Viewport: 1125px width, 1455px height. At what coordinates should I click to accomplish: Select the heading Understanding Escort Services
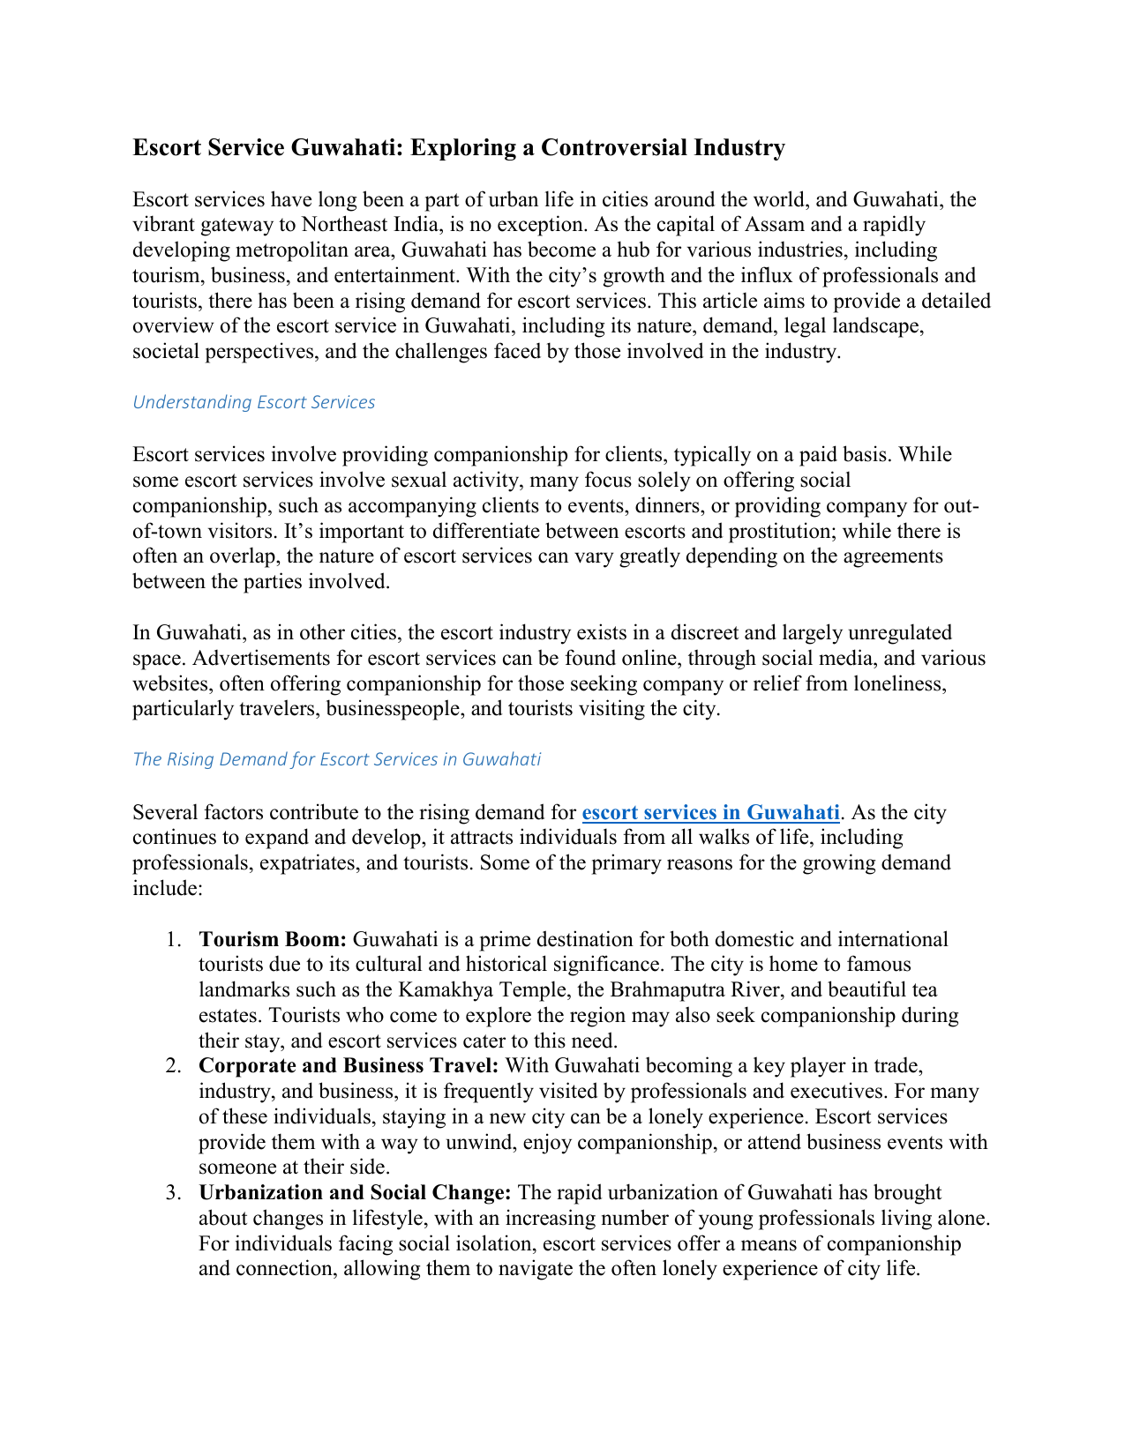[x=253, y=402]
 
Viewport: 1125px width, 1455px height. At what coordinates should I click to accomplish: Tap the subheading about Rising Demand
[x=336, y=759]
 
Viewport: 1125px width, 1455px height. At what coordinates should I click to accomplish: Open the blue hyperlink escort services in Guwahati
[x=710, y=812]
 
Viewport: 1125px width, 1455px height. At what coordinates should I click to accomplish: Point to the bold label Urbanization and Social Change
[x=355, y=1193]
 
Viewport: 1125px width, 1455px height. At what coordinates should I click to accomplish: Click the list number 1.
[x=173, y=940]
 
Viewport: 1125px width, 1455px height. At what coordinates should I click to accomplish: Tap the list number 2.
[x=173, y=1067]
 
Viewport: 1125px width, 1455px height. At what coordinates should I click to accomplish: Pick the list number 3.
[x=173, y=1194]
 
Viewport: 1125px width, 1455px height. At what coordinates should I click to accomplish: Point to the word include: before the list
[x=168, y=888]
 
